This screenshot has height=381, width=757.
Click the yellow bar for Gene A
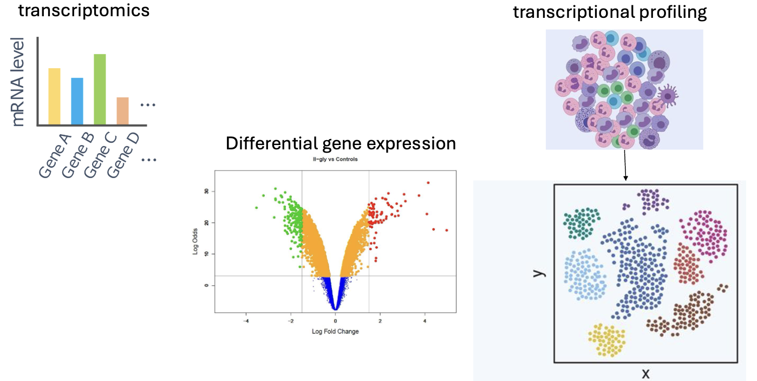click(x=54, y=96)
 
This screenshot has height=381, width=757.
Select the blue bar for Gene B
click(x=77, y=101)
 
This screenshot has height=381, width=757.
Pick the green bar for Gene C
click(x=100, y=89)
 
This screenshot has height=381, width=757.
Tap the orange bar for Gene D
click(x=122, y=111)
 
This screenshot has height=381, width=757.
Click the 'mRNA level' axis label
click(x=18, y=82)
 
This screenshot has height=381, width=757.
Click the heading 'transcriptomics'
click(x=84, y=10)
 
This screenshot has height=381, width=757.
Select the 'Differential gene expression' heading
click(x=341, y=143)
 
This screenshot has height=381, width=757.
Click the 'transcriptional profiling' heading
click(x=610, y=12)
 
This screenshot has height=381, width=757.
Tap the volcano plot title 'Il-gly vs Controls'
click(x=335, y=160)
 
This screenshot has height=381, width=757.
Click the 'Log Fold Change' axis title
click(x=335, y=331)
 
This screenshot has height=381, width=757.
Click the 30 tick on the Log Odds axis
click(x=206, y=192)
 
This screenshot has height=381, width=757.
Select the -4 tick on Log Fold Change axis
click(x=246, y=321)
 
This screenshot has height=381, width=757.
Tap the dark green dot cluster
click(x=582, y=224)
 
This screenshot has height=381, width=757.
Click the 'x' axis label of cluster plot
click(x=645, y=373)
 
